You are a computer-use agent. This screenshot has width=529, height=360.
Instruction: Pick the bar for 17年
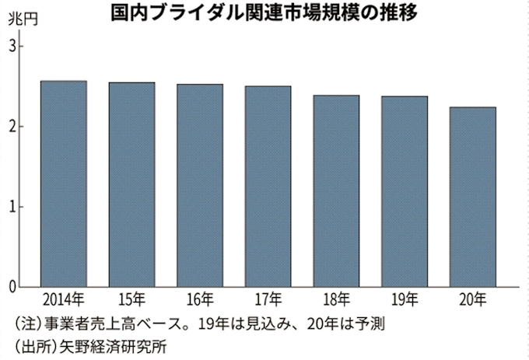268,186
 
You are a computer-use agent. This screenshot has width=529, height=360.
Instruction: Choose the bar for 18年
336,190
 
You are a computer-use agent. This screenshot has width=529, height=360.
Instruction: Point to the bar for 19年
405,191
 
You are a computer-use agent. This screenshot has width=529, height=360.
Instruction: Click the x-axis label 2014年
64,300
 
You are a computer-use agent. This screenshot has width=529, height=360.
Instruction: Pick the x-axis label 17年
268,300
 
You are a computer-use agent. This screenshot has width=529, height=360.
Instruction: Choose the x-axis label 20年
473,300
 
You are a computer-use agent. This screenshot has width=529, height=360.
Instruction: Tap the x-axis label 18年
336,300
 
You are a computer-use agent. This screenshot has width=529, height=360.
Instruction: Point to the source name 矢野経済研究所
110,344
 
